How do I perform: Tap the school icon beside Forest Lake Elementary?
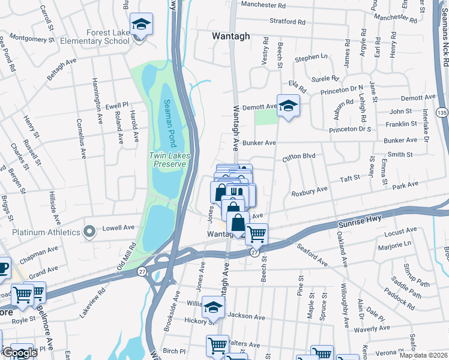(x=142, y=25)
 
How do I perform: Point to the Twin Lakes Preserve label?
(x=170, y=160)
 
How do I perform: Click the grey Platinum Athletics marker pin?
(x=89, y=232)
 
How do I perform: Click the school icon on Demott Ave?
(x=288, y=106)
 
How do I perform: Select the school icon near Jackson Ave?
(x=212, y=308)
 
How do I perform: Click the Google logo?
(x=19, y=353)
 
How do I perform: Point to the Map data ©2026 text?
(x=423, y=355)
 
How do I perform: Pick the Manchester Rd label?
(x=264, y=5)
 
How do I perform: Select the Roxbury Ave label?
(x=309, y=191)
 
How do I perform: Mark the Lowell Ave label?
(x=121, y=228)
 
